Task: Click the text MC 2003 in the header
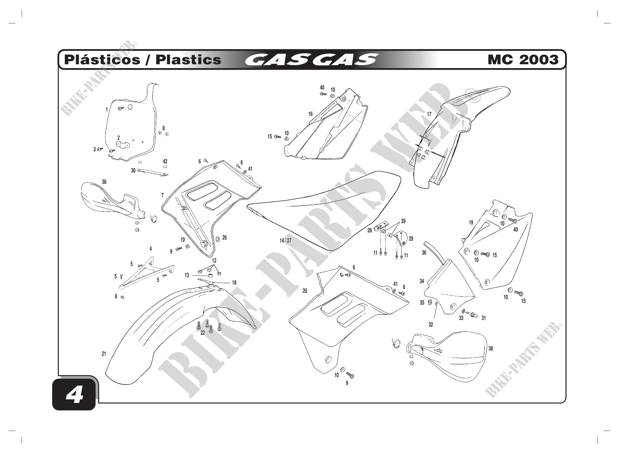(523, 60)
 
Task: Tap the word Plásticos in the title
(102, 60)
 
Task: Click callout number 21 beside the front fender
(104, 354)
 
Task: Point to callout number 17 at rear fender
(429, 115)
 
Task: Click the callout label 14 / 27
(285, 241)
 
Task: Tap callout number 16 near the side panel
(310, 114)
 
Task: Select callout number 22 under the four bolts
(203, 333)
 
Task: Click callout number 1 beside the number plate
(106, 110)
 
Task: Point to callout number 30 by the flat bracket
(133, 171)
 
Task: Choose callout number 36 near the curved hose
(424, 253)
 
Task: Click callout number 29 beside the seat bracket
(411, 239)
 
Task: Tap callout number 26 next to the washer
(225, 238)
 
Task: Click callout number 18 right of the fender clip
(234, 283)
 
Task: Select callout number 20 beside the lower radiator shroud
(305, 291)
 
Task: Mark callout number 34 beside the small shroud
(422, 281)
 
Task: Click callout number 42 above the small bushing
(165, 161)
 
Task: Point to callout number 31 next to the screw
(484, 318)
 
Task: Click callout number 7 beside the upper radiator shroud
(162, 195)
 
